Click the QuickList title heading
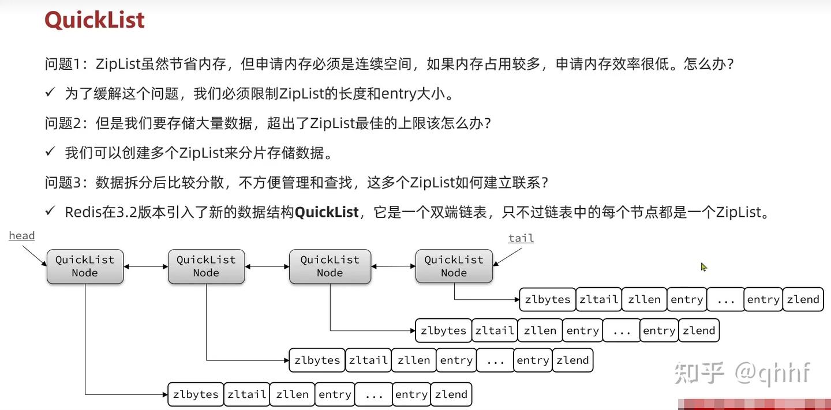(95, 20)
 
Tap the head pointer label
(22, 236)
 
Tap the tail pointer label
(521, 238)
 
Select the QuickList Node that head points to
(85, 266)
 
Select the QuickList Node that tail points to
(454, 266)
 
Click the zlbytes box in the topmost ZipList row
(547, 300)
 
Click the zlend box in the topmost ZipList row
(803, 300)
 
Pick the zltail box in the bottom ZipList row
(246, 395)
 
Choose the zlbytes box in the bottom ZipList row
(196, 395)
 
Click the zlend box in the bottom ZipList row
(451, 395)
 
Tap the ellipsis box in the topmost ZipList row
(725, 300)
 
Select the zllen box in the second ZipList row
(540, 331)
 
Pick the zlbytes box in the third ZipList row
(317, 361)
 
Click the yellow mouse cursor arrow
(703, 267)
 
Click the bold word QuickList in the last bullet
(327, 212)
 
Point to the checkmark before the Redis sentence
(50, 212)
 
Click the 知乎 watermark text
(699, 373)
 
